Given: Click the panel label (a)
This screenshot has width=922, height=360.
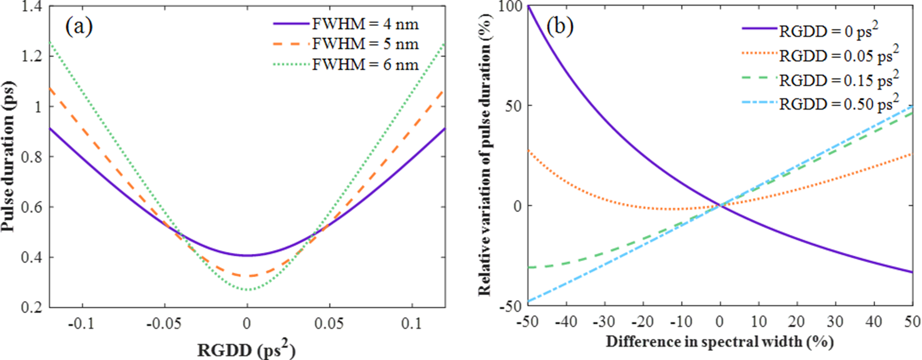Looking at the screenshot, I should [x=79, y=27].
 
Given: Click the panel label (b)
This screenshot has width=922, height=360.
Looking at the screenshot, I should [x=559, y=27].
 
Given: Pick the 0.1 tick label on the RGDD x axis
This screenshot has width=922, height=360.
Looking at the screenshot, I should [x=412, y=324].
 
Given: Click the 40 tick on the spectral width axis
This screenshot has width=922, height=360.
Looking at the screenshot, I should [x=874, y=321].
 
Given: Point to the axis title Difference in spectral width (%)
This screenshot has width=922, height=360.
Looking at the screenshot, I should [x=720, y=342].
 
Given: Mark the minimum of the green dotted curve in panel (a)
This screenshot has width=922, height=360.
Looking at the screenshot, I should [x=247, y=290].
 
